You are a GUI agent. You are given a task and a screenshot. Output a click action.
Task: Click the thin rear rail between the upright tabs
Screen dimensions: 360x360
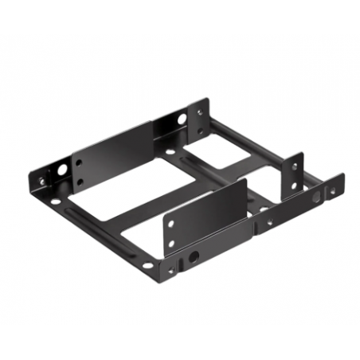coord(247,143)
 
